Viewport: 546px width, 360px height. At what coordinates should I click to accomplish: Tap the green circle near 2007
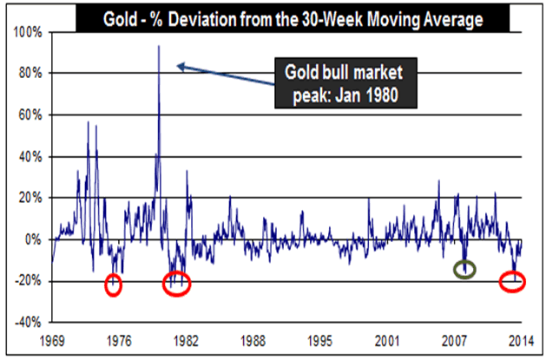(x=465, y=270)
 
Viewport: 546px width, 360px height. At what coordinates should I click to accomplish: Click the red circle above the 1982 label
(x=176, y=283)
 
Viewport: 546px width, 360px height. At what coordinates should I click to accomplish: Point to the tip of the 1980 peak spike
(x=158, y=46)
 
